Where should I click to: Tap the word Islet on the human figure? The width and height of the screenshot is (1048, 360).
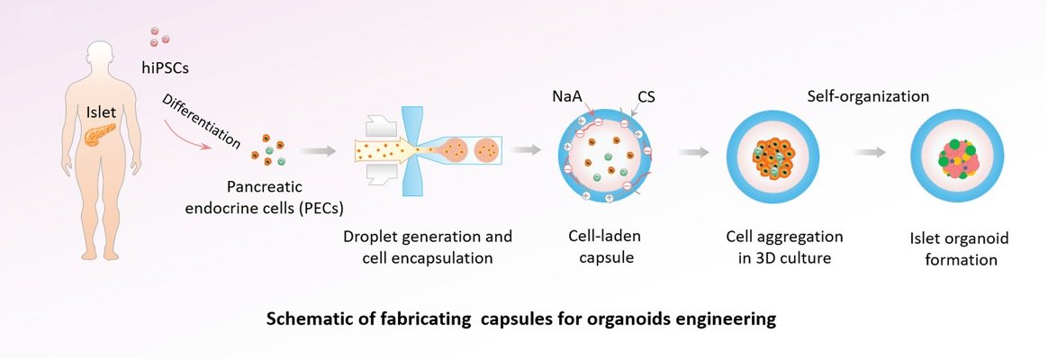tap(99, 112)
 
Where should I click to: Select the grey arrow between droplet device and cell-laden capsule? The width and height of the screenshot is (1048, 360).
tap(529, 151)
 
